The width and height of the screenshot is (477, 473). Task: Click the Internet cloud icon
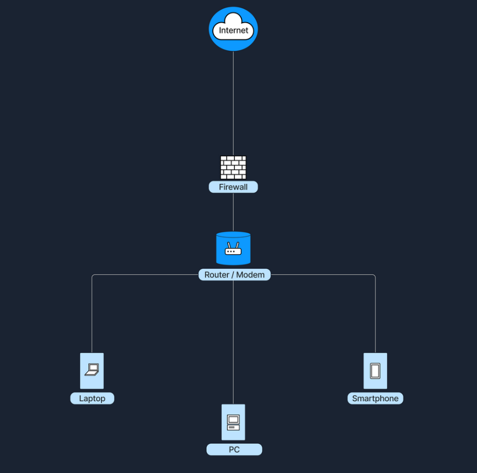point(233,29)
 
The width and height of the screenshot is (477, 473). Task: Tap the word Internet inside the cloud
point(233,30)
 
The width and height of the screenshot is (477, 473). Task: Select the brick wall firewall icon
point(233,167)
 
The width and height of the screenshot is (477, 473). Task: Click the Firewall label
point(233,187)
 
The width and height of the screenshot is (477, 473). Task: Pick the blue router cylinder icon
point(233,248)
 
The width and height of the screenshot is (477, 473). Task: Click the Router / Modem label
point(234,275)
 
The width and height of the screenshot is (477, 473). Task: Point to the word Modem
point(250,275)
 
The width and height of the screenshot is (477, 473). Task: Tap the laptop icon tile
point(92,371)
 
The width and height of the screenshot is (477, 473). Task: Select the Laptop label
point(92,398)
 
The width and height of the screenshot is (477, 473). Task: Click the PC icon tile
point(233,422)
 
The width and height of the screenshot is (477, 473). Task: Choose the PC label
point(234,450)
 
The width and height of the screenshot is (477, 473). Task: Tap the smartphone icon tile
point(375,371)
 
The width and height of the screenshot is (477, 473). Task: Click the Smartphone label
point(375,398)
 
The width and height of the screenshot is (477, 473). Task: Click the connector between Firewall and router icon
point(233,212)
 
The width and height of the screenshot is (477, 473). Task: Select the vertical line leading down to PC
point(233,342)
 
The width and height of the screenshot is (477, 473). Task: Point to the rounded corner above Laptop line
point(93,275)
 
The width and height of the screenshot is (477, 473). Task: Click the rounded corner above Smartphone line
point(374,275)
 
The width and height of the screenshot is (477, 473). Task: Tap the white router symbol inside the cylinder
point(233,249)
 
